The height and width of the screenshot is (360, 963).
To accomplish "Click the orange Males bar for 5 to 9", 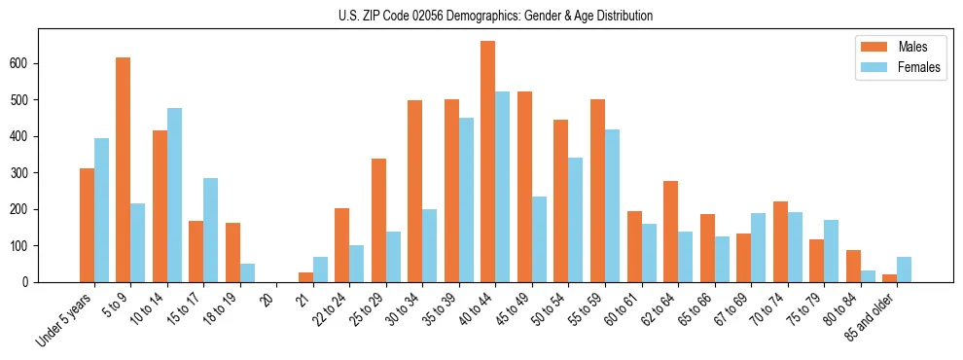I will click(x=124, y=170).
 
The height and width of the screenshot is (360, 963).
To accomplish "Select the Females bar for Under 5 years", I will click(x=101, y=210).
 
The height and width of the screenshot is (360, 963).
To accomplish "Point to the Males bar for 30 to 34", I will click(x=415, y=191).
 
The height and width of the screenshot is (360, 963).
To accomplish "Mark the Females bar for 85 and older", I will click(x=904, y=270).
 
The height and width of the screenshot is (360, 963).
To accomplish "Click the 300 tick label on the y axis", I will click(x=27, y=172).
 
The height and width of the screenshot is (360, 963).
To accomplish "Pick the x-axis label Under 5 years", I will click(x=65, y=320).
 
